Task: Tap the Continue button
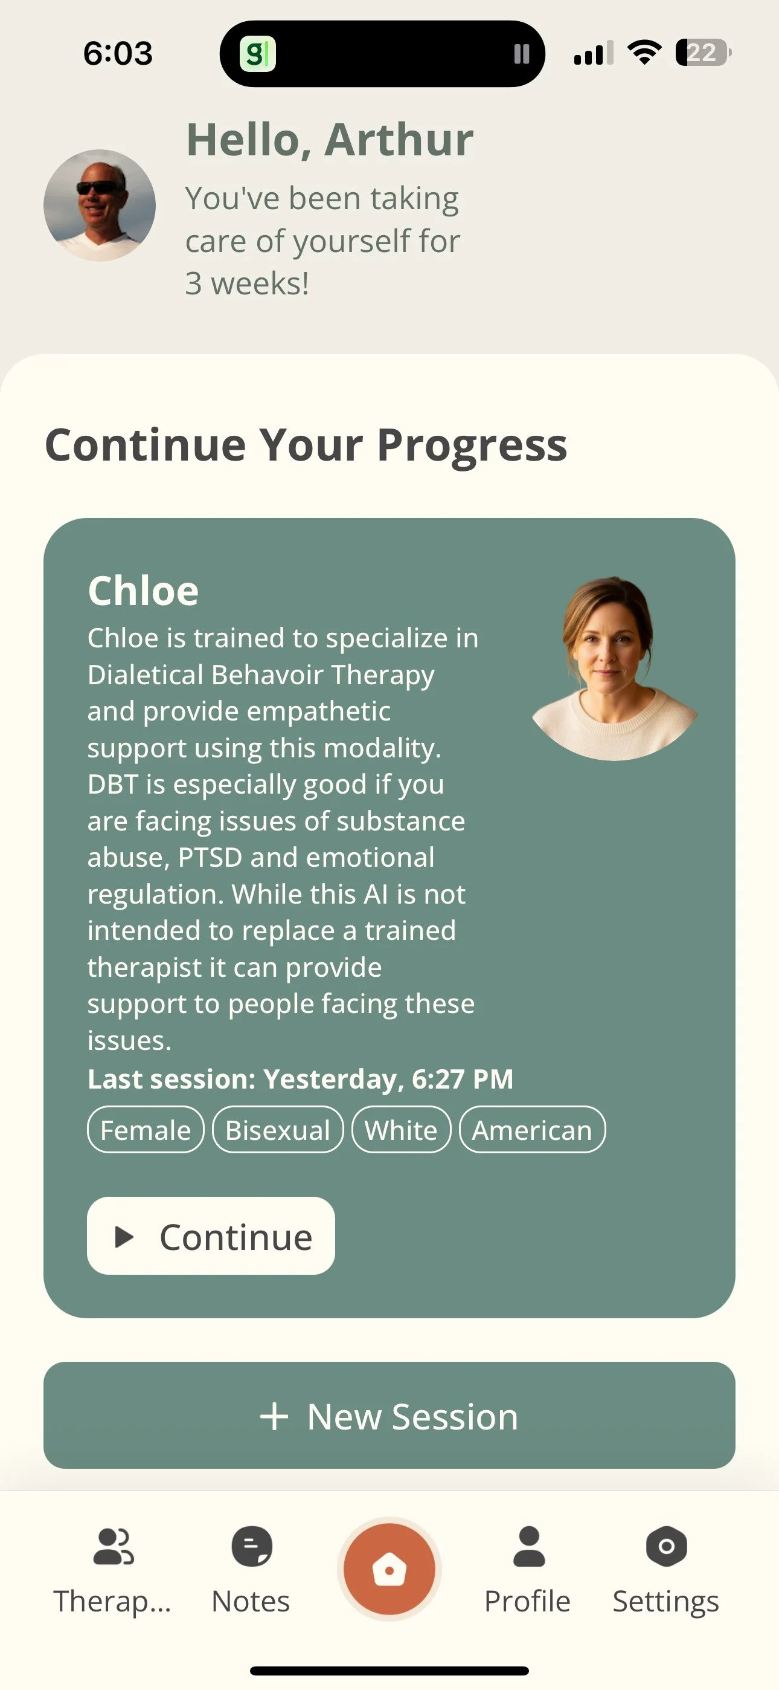tap(211, 1236)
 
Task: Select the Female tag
tap(146, 1130)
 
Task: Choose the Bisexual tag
tap(277, 1130)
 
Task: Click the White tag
tap(400, 1130)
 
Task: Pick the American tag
tap(532, 1130)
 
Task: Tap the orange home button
tap(389, 1569)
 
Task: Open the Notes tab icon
tap(251, 1546)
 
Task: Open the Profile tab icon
tap(528, 1546)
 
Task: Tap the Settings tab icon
tap(666, 1546)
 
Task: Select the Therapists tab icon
tap(114, 1546)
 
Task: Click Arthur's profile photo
tap(100, 206)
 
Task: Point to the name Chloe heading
tap(143, 591)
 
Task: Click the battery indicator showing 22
tap(703, 53)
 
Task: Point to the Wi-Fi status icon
tap(644, 53)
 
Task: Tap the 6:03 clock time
tap(118, 53)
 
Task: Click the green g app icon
tap(257, 54)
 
